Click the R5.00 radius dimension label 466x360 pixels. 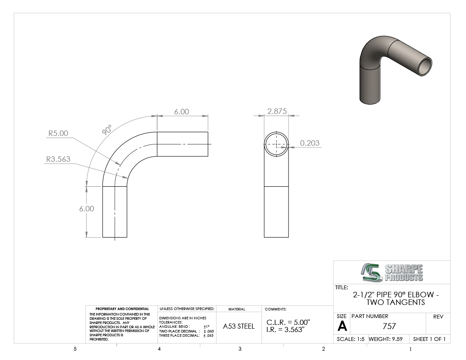(58, 133)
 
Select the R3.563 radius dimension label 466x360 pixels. (58, 159)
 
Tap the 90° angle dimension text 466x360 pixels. (107, 130)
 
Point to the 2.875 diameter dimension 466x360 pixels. (277, 111)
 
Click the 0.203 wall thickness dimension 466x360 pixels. (310, 143)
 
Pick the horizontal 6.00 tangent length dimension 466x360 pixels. (182, 112)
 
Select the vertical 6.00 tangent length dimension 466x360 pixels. (86, 209)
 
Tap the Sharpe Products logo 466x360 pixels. (392, 272)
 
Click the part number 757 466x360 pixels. (389, 326)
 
